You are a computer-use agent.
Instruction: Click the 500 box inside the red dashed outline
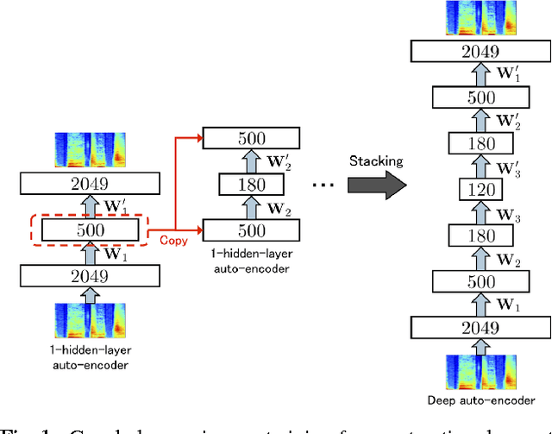point(91,230)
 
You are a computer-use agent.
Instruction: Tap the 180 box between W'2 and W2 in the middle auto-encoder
point(250,185)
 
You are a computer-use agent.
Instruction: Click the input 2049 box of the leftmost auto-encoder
point(91,276)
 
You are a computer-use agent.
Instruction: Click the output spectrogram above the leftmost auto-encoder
point(91,150)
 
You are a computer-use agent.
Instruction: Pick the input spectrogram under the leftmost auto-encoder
point(91,320)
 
